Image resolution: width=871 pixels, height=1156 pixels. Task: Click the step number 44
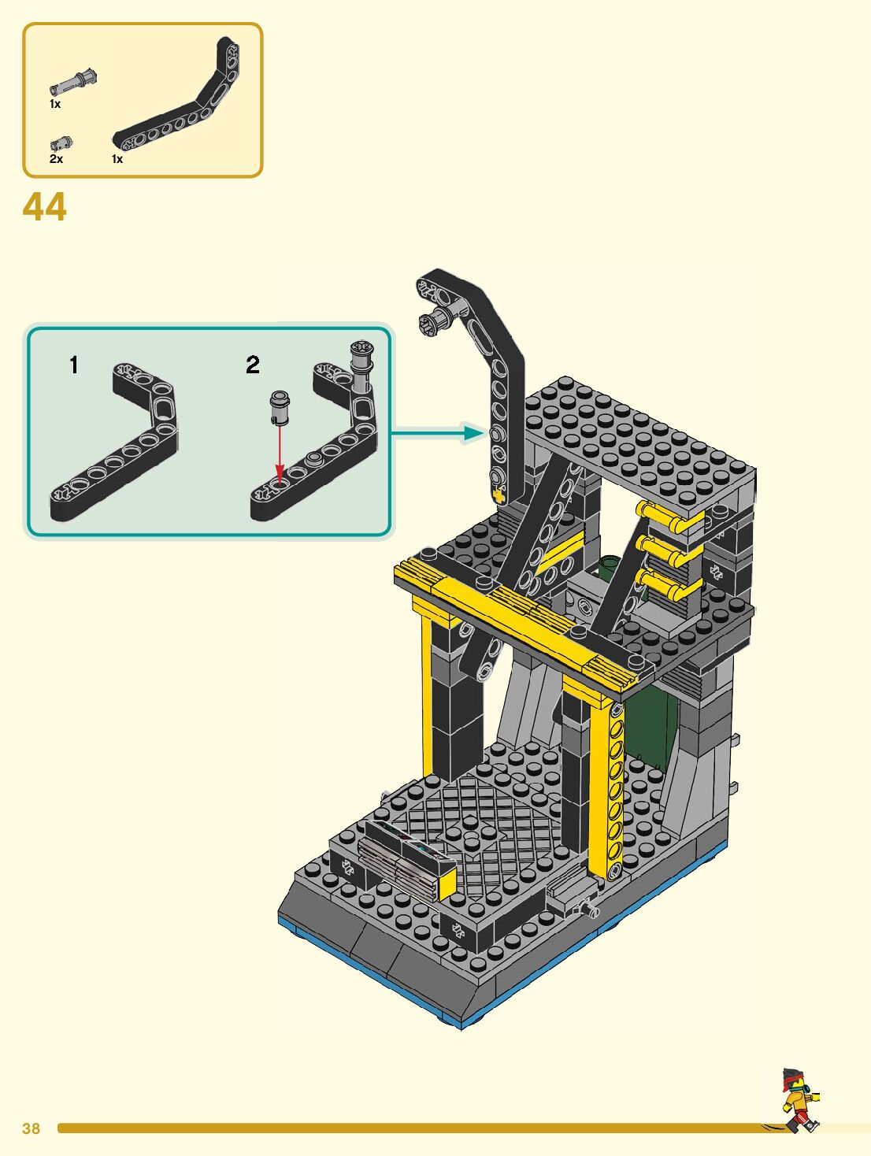coord(45,207)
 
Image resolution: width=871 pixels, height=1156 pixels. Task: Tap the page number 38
coord(31,1128)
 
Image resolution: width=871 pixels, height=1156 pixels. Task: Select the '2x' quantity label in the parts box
coord(57,158)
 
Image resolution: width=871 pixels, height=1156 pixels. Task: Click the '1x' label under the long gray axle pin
coord(55,104)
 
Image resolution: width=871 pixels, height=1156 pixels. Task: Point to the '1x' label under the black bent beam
coord(117,158)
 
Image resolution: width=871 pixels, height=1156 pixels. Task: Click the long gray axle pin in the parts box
coord(74,83)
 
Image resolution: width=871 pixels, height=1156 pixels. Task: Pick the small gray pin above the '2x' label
coord(61,143)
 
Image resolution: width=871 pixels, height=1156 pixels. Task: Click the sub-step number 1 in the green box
coord(74,365)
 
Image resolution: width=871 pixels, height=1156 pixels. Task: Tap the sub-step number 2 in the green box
coord(253,365)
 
